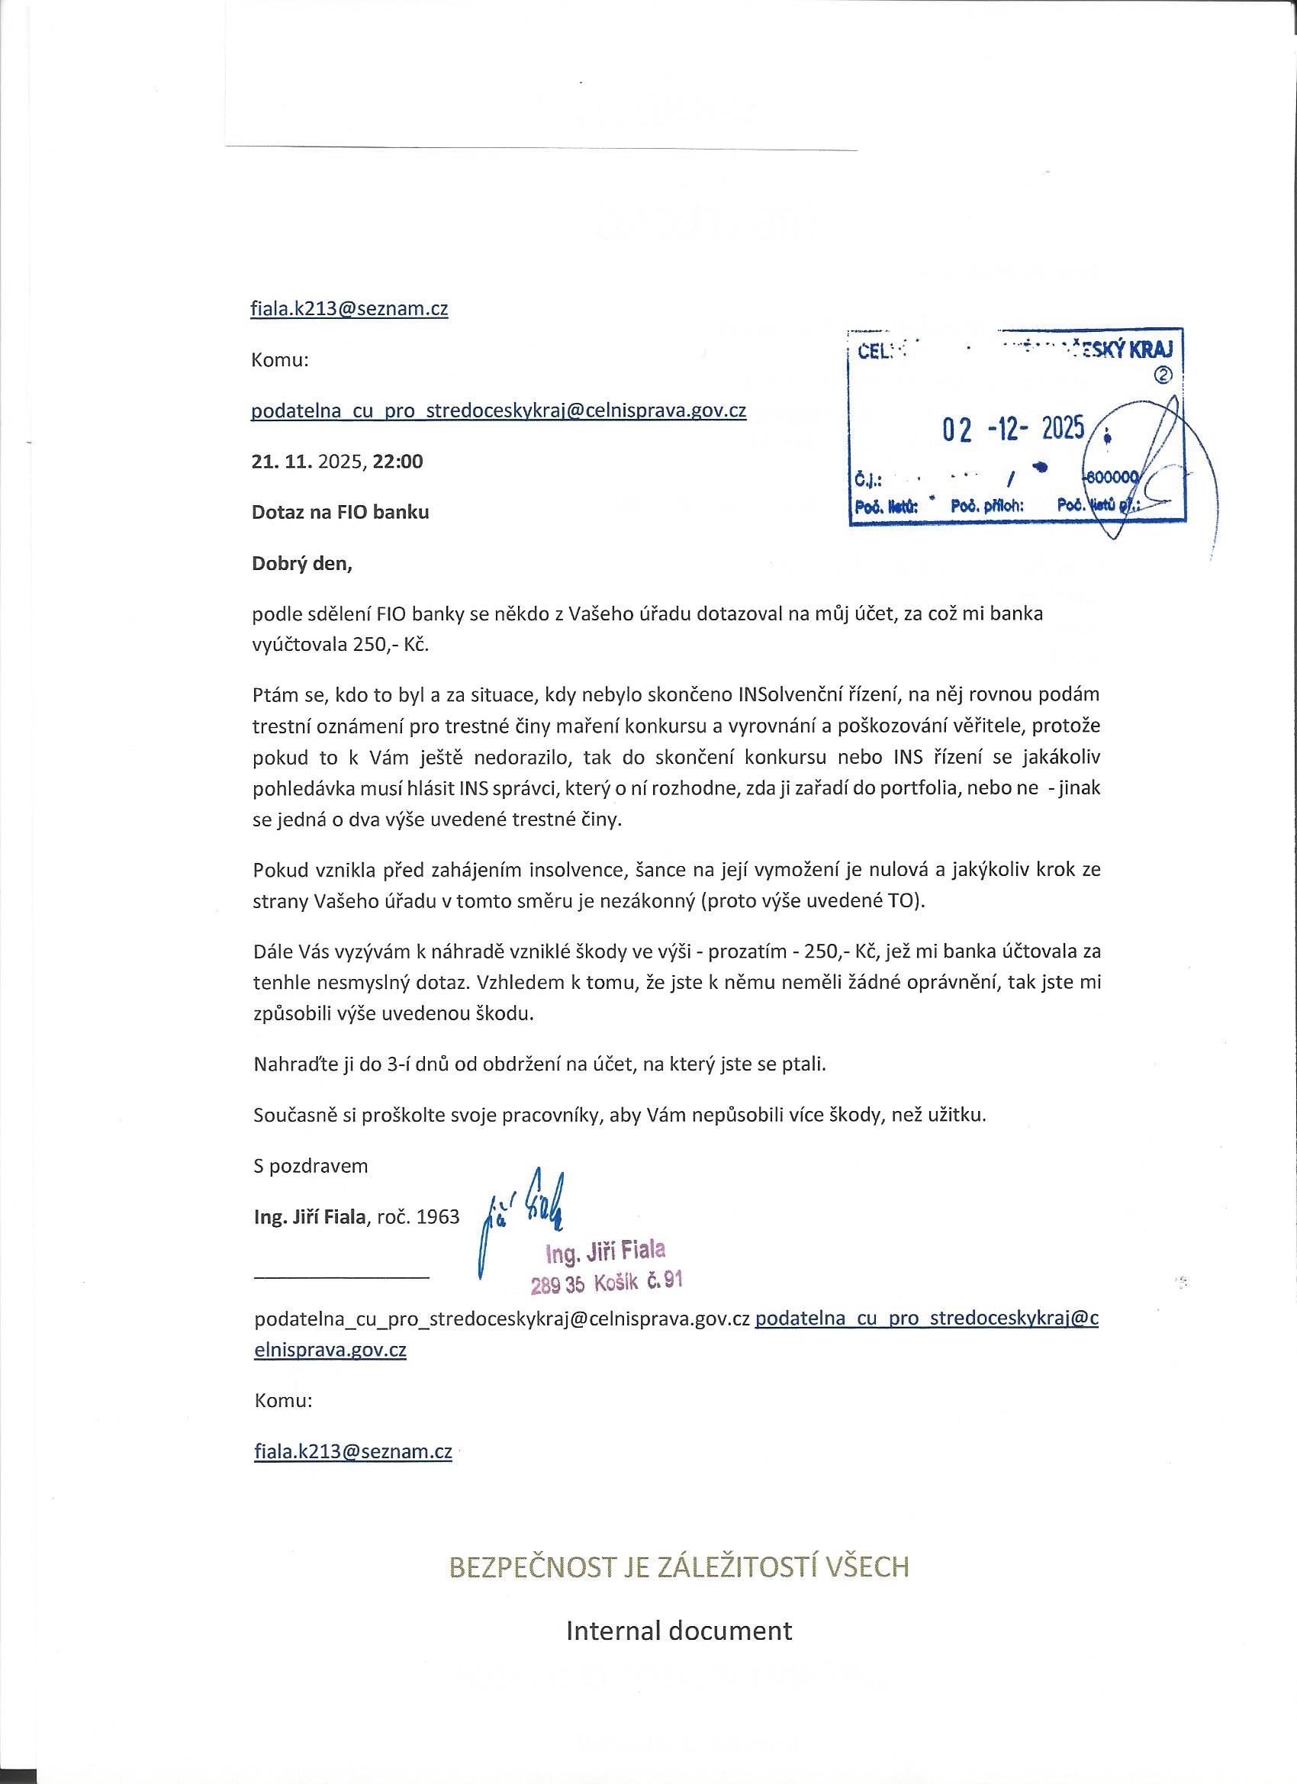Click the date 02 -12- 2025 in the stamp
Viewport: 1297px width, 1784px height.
click(x=1013, y=429)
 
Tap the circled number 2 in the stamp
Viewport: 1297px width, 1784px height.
click(x=1162, y=375)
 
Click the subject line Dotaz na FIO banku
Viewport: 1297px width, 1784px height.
click(x=340, y=512)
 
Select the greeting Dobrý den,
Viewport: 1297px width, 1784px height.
click(x=302, y=564)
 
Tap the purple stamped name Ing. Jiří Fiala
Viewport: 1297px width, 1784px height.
click(x=606, y=1250)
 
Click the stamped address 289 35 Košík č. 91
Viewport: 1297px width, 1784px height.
click(x=606, y=1283)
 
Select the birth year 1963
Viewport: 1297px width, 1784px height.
click(x=438, y=1217)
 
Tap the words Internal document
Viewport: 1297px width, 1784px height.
click(x=679, y=1630)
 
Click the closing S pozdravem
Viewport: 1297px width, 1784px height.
click(x=311, y=1166)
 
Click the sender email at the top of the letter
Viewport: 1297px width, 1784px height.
click(x=349, y=308)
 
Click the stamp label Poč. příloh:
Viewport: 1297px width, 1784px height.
click(x=987, y=506)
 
